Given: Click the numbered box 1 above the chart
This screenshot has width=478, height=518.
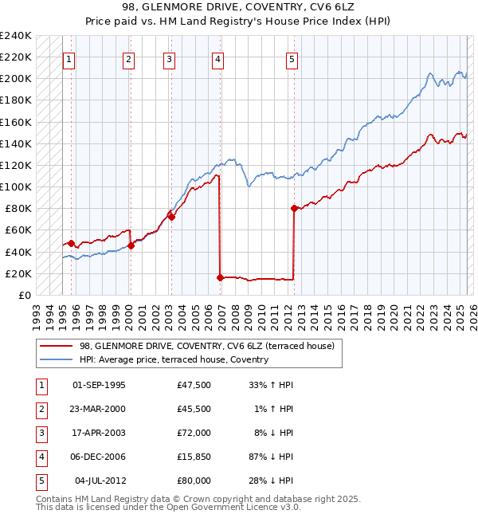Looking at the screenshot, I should pyautogui.click(x=69, y=58).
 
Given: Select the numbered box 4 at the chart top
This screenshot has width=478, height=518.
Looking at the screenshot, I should pyautogui.click(x=217, y=58).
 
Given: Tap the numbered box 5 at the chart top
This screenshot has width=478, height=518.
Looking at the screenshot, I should pyautogui.click(x=292, y=58).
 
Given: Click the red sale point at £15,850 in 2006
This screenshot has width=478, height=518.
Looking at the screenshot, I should pyautogui.click(x=220, y=277).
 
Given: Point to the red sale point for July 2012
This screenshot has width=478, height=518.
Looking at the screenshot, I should pyautogui.click(x=294, y=208).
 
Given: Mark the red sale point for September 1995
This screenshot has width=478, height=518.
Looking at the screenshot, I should pyautogui.click(x=71, y=243).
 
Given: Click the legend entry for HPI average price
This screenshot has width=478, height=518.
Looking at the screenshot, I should pyautogui.click(x=174, y=359).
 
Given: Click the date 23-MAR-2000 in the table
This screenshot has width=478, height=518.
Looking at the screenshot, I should pyautogui.click(x=99, y=409).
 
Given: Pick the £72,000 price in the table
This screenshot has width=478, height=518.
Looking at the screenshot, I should pyautogui.click(x=194, y=433).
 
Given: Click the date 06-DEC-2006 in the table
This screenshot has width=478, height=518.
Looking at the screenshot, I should pyautogui.click(x=99, y=457).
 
